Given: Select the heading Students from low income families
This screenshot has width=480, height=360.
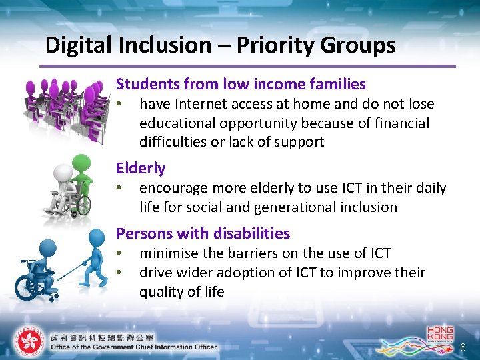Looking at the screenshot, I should click(x=241, y=84).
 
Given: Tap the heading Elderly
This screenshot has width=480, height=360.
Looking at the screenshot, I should click(x=141, y=168).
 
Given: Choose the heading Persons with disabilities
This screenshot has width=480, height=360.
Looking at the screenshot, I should click(x=203, y=233).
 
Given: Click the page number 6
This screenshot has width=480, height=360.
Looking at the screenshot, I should click(x=463, y=347).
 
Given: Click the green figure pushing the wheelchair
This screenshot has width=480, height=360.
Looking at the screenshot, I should click(x=83, y=180).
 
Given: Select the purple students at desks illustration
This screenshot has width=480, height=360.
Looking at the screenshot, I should click(x=63, y=107).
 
